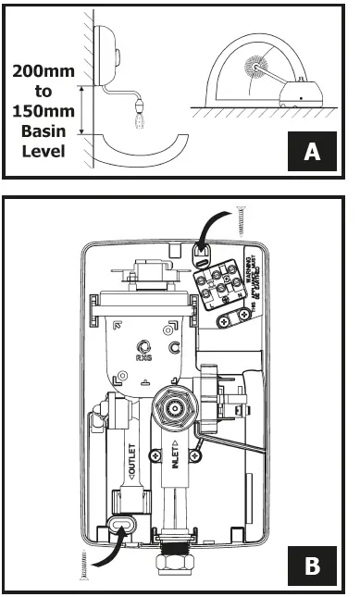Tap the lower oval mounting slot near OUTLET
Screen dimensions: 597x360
point(119,528)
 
